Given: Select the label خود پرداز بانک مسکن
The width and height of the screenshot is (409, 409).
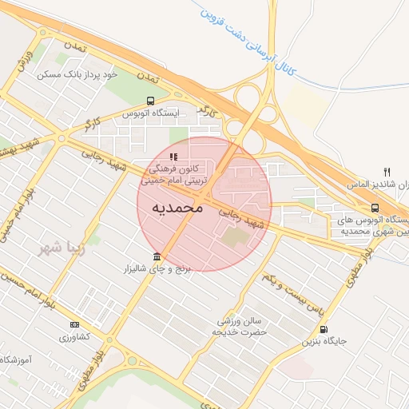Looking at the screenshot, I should pyautogui.click(x=77, y=74).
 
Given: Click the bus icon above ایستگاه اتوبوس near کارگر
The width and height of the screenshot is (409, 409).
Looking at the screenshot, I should pyautogui.click(x=150, y=101).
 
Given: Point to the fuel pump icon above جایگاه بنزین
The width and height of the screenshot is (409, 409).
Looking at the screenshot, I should pyautogui.click(x=323, y=329).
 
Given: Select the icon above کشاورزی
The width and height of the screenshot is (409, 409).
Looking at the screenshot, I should pyautogui.click(x=74, y=324).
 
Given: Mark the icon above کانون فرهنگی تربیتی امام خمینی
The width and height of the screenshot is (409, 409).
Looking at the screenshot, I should pyautogui.click(x=173, y=157).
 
